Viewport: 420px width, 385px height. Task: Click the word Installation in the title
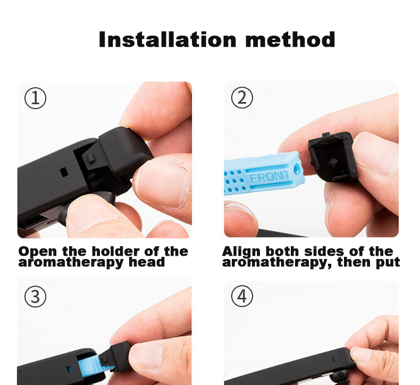167,39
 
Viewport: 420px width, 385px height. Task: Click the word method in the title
290,39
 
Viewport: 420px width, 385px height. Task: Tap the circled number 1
36,98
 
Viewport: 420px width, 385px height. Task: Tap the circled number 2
242,97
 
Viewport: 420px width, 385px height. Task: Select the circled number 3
36,297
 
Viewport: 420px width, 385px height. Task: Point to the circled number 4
242,296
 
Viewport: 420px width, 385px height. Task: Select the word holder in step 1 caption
116,252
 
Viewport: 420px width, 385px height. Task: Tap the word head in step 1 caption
147,262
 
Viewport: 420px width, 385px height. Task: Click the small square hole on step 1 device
63,172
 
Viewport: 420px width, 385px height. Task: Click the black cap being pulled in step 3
115,356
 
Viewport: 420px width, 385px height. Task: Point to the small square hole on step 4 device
333,360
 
